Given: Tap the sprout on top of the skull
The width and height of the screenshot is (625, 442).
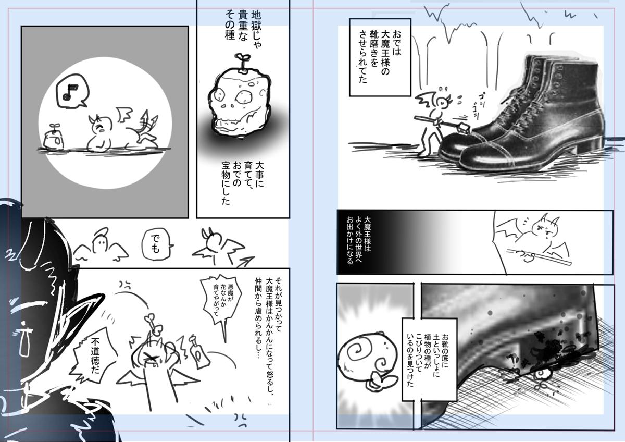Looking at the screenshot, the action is [241, 63].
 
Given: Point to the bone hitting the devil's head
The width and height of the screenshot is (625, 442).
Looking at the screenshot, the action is [153, 324].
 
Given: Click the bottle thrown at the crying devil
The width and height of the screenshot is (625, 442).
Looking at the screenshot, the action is [198, 352].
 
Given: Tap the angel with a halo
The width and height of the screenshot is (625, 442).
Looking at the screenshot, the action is [101, 244].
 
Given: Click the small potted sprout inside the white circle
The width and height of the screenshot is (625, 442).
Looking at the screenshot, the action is [54, 138].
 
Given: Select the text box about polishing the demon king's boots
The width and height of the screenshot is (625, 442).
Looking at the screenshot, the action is [380, 57].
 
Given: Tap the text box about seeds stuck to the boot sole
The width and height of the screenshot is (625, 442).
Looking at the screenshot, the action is [429, 359].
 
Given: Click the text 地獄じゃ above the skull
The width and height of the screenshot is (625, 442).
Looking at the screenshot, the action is [256, 30].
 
